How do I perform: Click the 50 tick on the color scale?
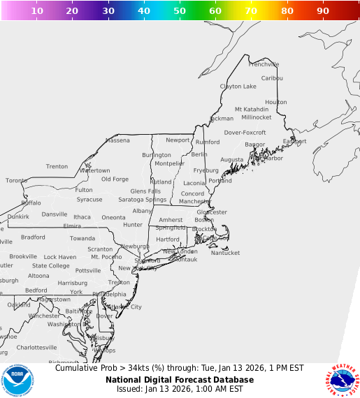(180, 11)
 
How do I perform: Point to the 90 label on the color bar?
(323, 11)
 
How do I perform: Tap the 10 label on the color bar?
(37, 11)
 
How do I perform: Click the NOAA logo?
(17, 380)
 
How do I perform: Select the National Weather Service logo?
(342, 380)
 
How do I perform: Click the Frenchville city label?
(264, 64)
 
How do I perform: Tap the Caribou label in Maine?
(272, 78)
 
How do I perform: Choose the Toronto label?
(17, 180)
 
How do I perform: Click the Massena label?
(117, 140)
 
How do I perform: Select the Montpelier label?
(169, 163)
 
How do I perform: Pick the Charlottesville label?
(36, 347)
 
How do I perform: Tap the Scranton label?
(100, 249)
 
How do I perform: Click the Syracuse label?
(89, 199)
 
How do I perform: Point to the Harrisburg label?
(72, 283)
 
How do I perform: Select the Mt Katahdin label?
(252, 109)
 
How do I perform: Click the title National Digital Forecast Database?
(180, 380)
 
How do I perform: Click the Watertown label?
(94, 170)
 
